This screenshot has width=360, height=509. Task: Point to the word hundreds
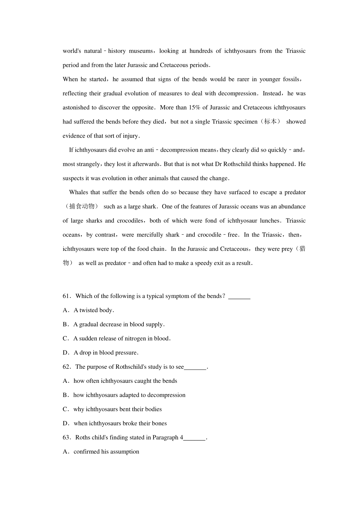click(201, 51)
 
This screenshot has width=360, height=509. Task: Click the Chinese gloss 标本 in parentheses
click(270, 122)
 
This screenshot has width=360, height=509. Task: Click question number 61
click(66, 296)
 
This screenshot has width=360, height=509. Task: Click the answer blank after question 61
click(239, 297)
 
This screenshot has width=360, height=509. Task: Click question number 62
click(66, 367)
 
